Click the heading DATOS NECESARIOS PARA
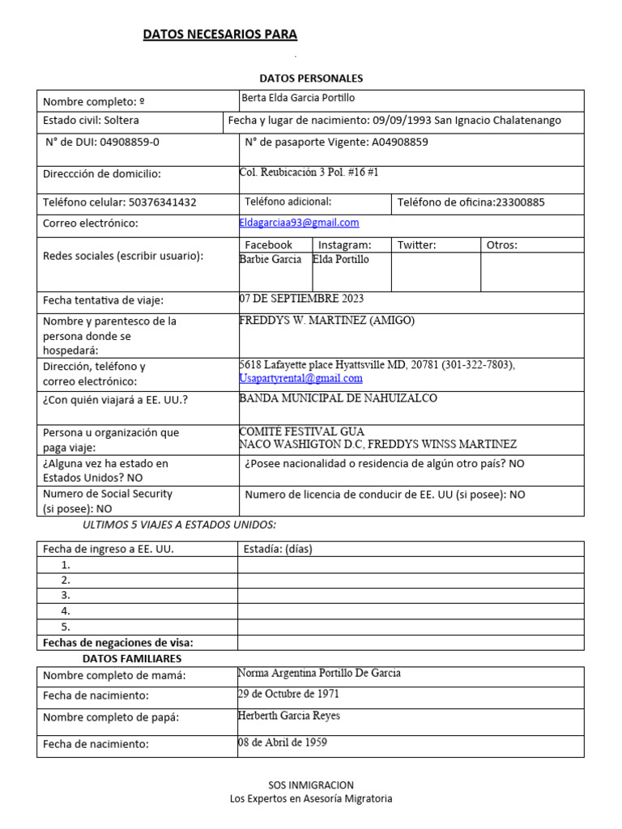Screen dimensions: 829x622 pos(220,35)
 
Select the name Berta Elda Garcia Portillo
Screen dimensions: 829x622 pos(298,98)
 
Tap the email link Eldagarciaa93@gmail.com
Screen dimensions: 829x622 pos(299,223)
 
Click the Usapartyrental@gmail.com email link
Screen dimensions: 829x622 pos(301,378)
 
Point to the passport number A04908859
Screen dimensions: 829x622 pos(400,142)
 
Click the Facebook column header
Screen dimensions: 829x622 pos(268,244)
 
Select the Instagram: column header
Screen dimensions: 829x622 pos(344,244)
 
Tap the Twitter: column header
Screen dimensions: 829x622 pos(416,244)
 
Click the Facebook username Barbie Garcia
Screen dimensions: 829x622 pos(271,260)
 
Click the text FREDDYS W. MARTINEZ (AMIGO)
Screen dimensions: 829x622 pos(326,321)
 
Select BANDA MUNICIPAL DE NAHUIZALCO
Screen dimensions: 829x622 pos(338,398)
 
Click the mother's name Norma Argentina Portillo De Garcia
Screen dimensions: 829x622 pos(319,674)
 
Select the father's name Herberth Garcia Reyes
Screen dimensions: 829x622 pos(288,716)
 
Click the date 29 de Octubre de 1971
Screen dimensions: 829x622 pos(288,695)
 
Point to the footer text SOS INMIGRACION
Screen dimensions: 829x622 pos(311,785)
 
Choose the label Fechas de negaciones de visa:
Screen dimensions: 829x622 pos(117,643)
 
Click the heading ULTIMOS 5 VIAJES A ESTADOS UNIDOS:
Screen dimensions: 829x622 pos(180,525)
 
